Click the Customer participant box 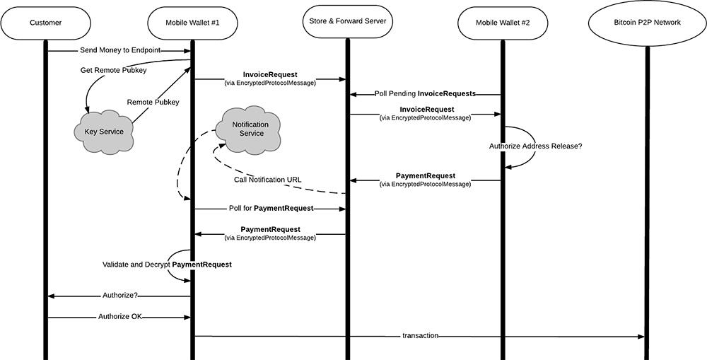click(x=46, y=23)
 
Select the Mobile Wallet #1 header click(x=192, y=23)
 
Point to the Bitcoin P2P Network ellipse click(x=647, y=23)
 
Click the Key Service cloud click(x=105, y=132)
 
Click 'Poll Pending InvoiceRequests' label click(x=425, y=93)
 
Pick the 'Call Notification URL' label click(x=268, y=180)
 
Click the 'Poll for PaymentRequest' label click(x=271, y=209)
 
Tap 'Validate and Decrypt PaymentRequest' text click(x=167, y=264)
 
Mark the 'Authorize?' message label click(x=120, y=296)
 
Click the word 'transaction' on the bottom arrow click(x=421, y=335)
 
